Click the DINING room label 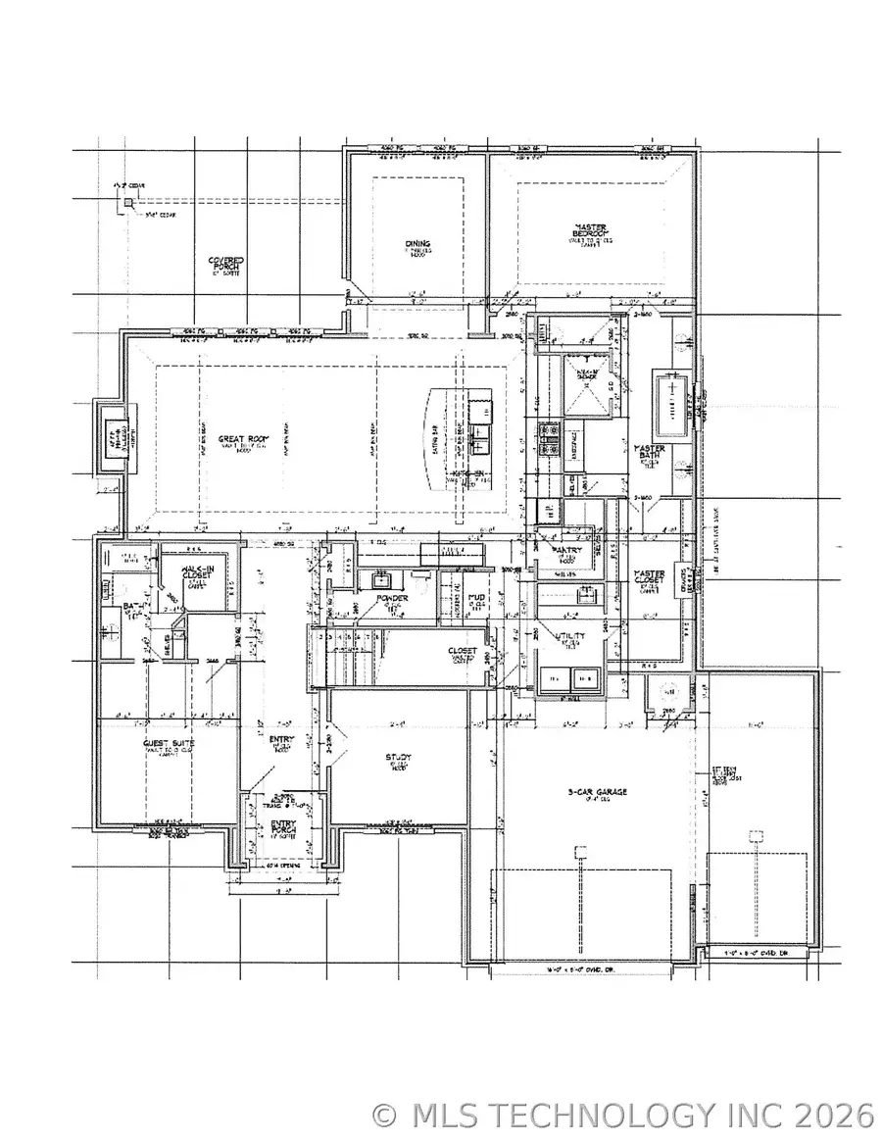click(418, 245)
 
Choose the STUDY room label click(397, 758)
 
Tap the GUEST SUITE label click(169, 744)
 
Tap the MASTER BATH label click(650, 454)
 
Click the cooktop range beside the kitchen click(548, 440)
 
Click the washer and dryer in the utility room click(570, 677)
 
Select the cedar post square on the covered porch click(127, 203)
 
